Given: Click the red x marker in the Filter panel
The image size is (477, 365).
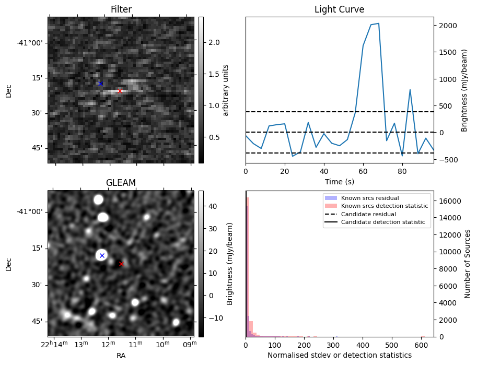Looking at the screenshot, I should pyautogui.click(x=120, y=91).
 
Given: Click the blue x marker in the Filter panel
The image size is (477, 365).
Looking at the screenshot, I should pyautogui.click(x=100, y=84).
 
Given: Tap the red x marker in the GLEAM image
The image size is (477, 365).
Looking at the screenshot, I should pyautogui.click(x=121, y=264).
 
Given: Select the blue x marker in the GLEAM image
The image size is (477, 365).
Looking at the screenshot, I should pyautogui.click(x=102, y=255).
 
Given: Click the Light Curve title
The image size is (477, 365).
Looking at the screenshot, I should pyautogui.click(x=339, y=9).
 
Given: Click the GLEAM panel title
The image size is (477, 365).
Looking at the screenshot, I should pyautogui.click(x=121, y=183).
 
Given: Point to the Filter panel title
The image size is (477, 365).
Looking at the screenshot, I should pyautogui.click(x=121, y=9).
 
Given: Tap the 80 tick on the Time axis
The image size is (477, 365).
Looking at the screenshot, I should pyautogui.click(x=402, y=171).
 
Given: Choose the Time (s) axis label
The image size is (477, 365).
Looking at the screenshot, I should pyautogui.click(x=339, y=181).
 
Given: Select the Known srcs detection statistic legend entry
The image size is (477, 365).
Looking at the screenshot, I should pyautogui.click(x=384, y=206).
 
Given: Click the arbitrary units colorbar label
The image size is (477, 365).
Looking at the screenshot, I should pyautogui.click(x=226, y=90).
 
